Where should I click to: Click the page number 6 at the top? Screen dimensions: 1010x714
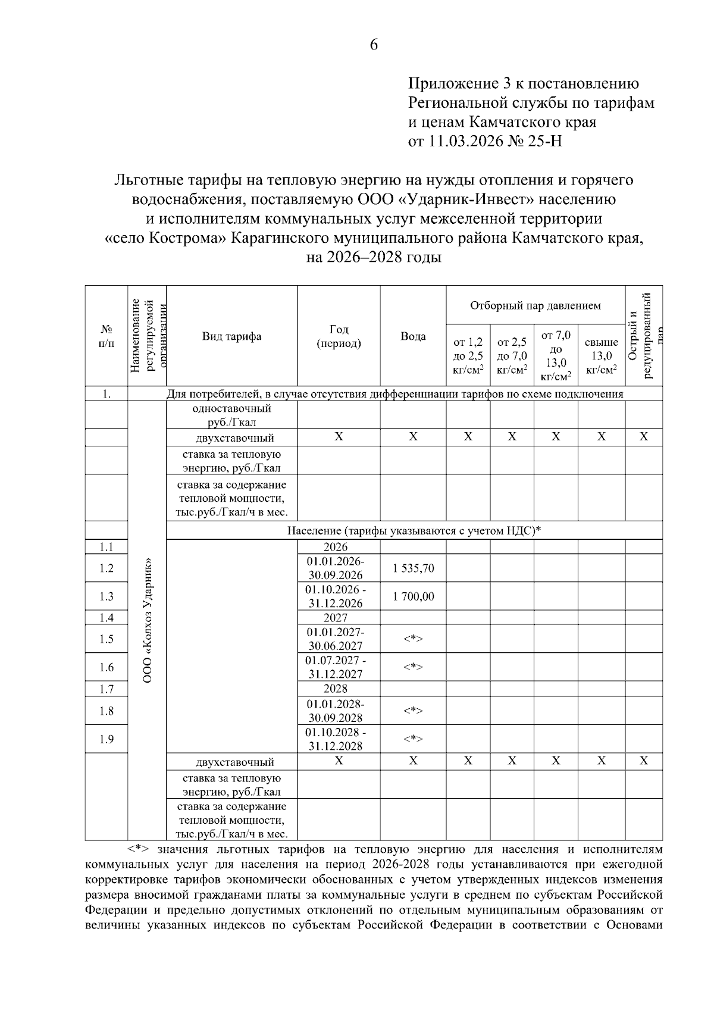pyautogui.click(x=374, y=45)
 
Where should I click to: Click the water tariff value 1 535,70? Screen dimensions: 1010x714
pyautogui.click(x=413, y=568)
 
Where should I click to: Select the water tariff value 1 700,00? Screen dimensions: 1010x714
pyautogui.click(x=413, y=596)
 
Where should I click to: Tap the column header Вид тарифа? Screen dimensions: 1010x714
pyautogui.click(x=231, y=336)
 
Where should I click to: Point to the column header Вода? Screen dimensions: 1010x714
pyautogui.click(x=413, y=336)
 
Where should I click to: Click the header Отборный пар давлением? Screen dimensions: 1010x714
pyautogui.click(x=535, y=306)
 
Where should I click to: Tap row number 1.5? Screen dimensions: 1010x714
pyautogui.click(x=107, y=639)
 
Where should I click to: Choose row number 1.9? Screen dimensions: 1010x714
pyautogui.click(x=107, y=739)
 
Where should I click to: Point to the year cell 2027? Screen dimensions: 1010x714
pyautogui.click(x=336, y=618)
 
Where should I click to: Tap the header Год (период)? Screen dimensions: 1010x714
pyautogui.click(x=339, y=336)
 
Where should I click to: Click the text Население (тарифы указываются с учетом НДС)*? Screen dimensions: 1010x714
pyautogui.click(x=414, y=530)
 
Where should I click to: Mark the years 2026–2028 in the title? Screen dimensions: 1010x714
pyautogui.click(x=358, y=258)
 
